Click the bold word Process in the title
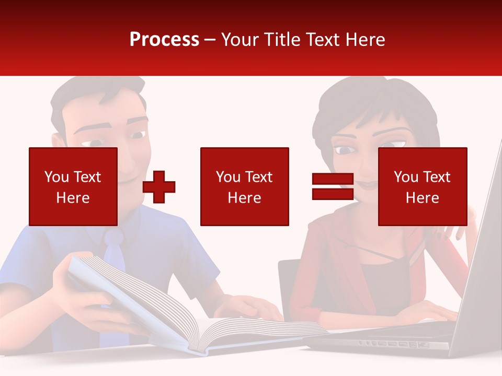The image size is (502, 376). tap(164, 40)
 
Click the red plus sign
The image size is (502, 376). tap(159, 186)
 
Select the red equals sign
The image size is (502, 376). tap(333, 186)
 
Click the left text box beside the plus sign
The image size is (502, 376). tap(73, 186)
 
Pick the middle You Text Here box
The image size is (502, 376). tap(244, 186)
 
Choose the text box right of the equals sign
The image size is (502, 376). tap(422, 186)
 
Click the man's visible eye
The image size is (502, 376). tap(138, 135)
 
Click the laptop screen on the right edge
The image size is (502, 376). tap(478, 261)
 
